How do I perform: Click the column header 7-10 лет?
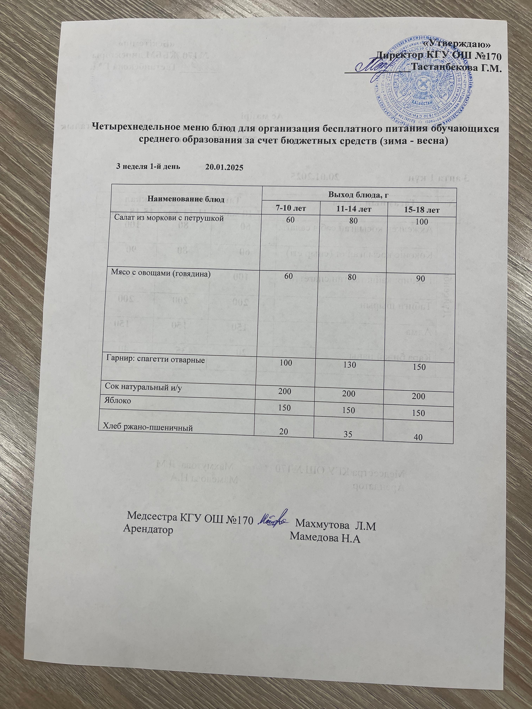coord(290,208)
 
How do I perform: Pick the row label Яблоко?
coord(117,400)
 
